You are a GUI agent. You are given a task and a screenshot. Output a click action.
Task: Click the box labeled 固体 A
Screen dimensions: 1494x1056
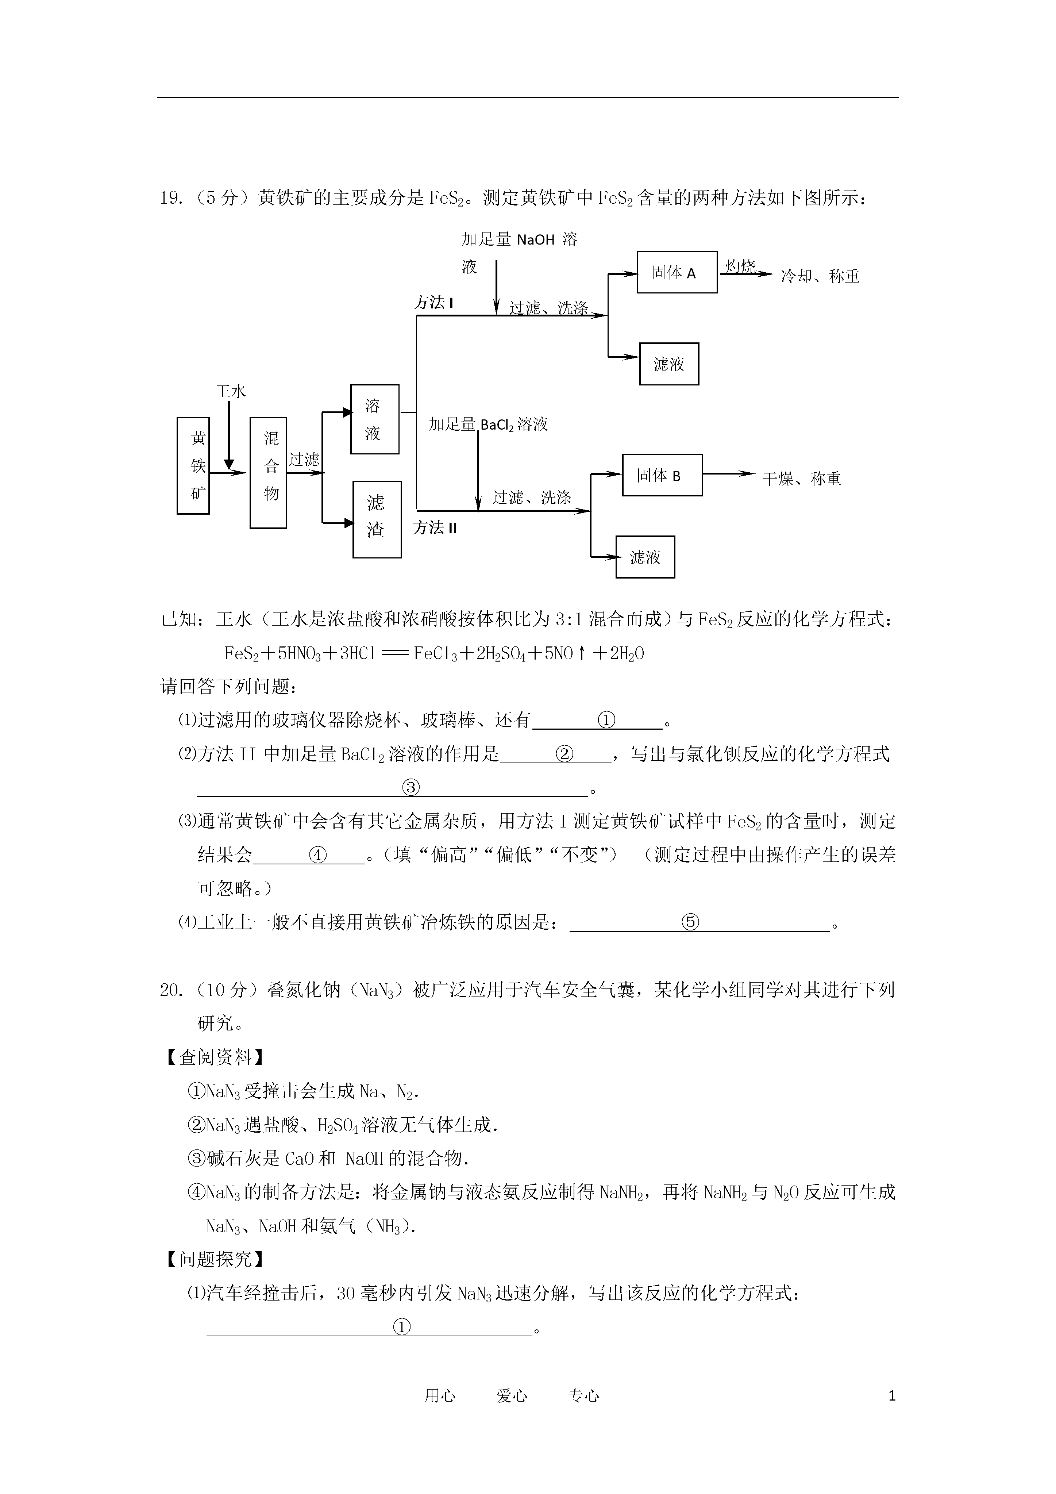(x=677, y=272)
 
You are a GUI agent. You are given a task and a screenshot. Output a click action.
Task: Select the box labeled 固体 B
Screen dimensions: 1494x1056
(x=662, y=475)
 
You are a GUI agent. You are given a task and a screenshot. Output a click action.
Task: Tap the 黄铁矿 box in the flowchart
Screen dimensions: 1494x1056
(x=193, y=466)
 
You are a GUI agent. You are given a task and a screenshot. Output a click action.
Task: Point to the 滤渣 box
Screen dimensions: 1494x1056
(x=377, y=519)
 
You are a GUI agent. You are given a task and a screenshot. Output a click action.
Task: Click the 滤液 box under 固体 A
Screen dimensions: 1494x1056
(x=669, y=364)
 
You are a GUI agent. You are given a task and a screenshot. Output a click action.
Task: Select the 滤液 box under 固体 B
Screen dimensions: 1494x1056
(x=645, y=557)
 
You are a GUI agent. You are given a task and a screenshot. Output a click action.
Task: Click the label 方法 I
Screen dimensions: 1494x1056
(x=433, y=303)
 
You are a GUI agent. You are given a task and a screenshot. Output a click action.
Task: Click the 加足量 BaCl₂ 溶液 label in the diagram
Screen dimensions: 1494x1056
(x=488, y=424)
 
